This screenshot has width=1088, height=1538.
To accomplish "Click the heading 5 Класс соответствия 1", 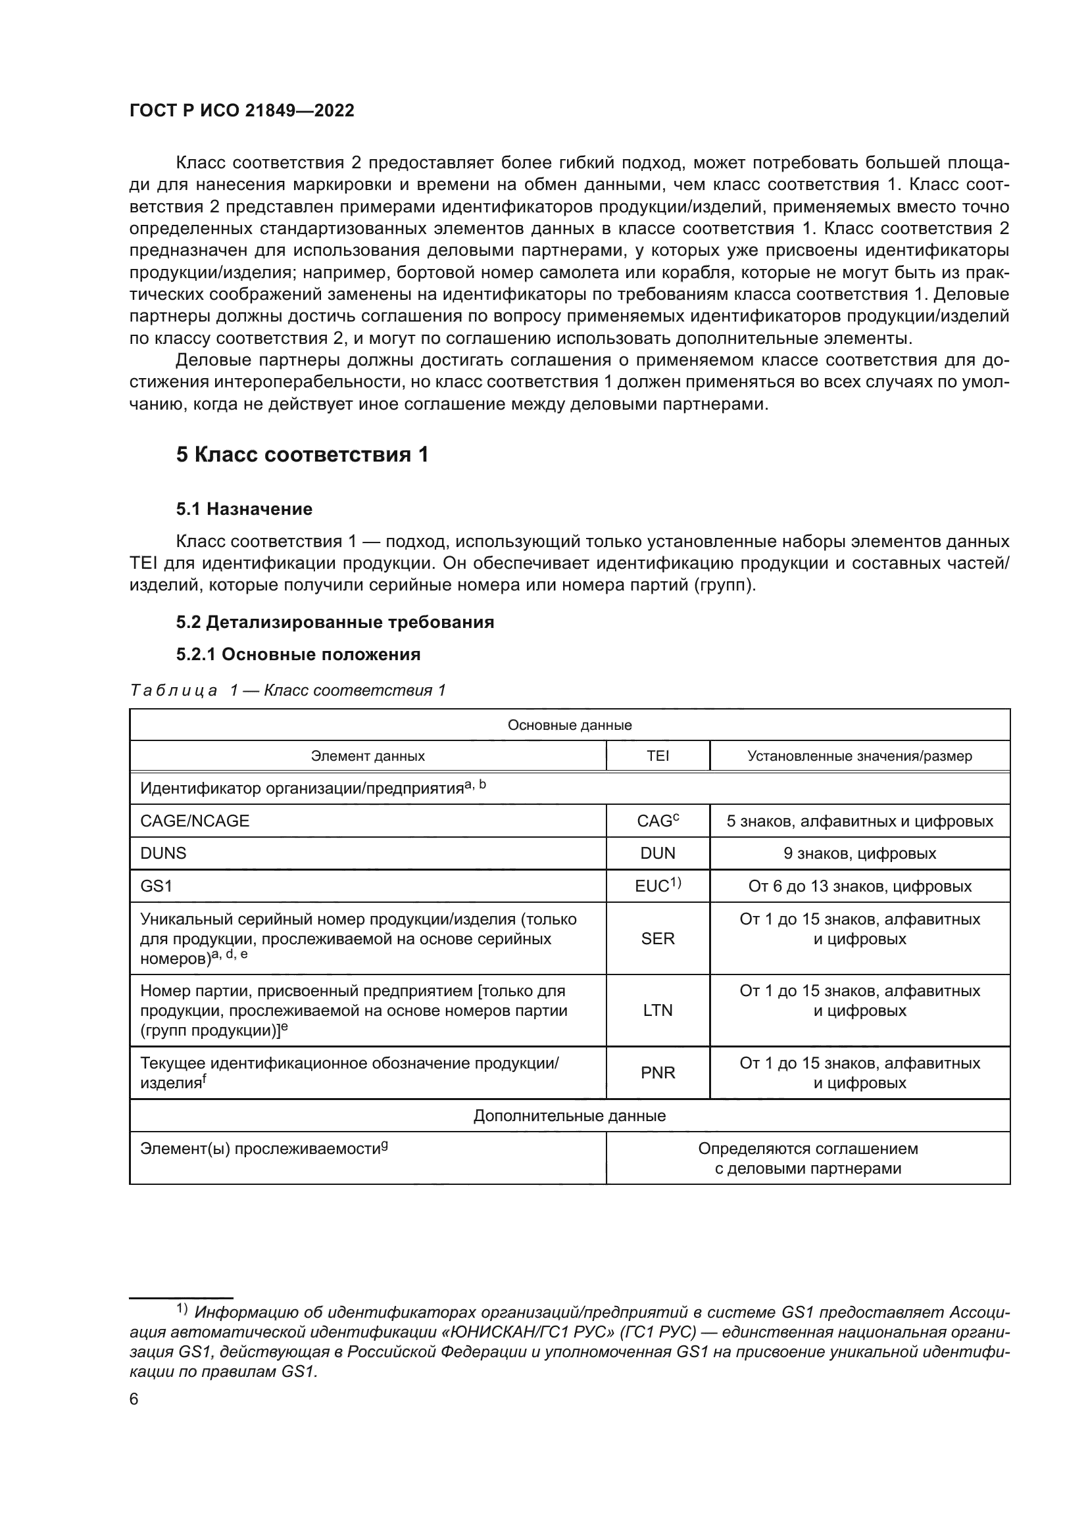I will pyautogui.click(x=302, y=455).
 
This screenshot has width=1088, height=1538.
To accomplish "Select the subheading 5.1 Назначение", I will pyautogui.click(x=244, y=509).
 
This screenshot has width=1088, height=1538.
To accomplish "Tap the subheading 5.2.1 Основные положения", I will pyautogui.click(x=298, y=654).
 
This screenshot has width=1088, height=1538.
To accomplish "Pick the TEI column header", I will pyautogui.click(x=657, y=756).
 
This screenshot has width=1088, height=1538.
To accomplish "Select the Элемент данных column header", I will pyautogui.click(x=368, y=756).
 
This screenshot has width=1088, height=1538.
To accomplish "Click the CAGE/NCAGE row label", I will pyautogui.click(x=194, y=821).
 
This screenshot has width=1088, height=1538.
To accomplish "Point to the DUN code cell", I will pyautogui.click(x=657, y=853).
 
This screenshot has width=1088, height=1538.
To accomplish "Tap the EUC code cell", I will pyautogui.click(x=657, y=886).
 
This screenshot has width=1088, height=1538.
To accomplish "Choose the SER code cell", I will pyautogui.click(x=657, y=938).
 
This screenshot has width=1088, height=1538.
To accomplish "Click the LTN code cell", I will pyautogui.click(x=657, y=1010).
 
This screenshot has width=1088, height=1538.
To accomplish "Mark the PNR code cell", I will pyautogui.click(x=657, y=1072).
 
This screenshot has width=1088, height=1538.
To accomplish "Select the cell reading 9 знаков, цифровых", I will pyautogui.click(x=860, y=853).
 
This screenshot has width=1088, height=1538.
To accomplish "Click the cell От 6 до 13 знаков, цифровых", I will pyautogui.click(x=860, y=886).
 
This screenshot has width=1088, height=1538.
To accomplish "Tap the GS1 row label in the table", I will pyautogui.click(x=156, y=886).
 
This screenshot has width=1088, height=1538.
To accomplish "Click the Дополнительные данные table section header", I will pyautogui.click(x=570, y=1115).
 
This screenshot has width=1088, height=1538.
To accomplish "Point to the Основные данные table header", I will pyautogui.click(x=570, y=725).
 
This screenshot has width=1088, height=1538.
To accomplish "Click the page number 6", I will pyautogui.click(x=134, y=1399).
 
